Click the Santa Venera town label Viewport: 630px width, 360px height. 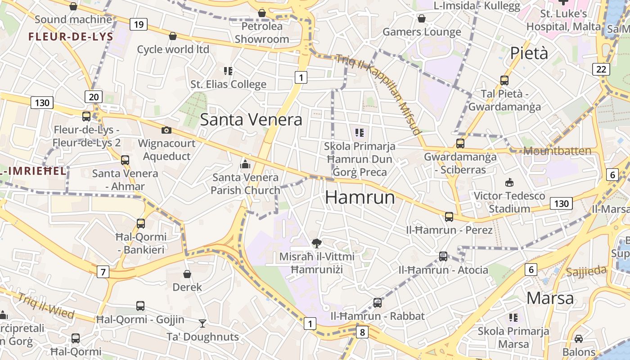[251, 120]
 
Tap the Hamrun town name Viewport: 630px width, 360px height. [360, 197]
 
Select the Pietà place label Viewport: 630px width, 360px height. [529, 53]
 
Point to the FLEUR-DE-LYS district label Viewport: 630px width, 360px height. [71, 37]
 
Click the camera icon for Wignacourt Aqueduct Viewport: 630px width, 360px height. [166, 130]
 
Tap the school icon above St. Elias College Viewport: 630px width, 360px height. [228, 71]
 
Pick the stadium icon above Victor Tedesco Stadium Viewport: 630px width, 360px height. [509, 182]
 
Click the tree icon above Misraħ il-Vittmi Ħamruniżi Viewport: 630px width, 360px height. [317, 243]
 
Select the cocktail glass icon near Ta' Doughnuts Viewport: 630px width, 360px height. [202, 323]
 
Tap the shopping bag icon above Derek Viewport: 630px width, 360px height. [187, 274]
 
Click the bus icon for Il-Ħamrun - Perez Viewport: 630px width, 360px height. [449, 217]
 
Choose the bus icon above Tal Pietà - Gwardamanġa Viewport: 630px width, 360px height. [504, 81]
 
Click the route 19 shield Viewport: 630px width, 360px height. [139, 24]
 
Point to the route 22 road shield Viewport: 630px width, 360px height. [601, 69]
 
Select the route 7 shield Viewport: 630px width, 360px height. [103, 272]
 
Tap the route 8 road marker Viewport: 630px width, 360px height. [362, 333]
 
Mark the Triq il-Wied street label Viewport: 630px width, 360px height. [46, 306]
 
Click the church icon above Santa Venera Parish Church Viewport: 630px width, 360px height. [245, 164]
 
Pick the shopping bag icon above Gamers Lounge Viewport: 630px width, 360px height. [422, 18]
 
